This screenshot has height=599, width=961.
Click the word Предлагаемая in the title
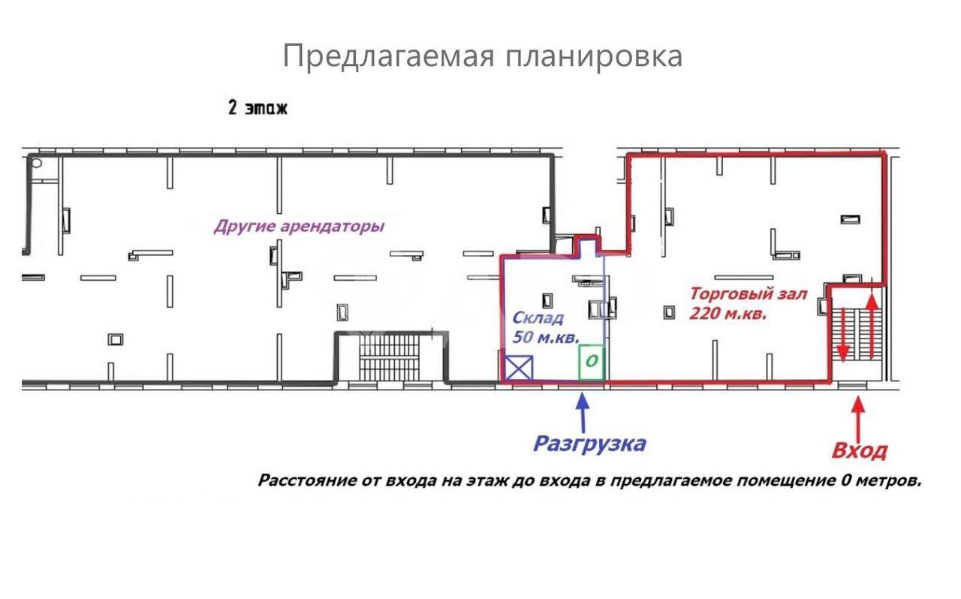[389, 56]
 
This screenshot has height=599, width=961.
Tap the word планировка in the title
[594, 56]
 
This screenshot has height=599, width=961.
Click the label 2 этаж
[258, 107]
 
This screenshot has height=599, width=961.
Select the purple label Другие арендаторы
[300, 227]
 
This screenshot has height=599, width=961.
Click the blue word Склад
[538, 318]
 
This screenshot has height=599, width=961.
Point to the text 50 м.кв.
[546, 337]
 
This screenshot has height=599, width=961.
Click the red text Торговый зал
[749, 294]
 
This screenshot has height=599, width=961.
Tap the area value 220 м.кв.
[728, 314]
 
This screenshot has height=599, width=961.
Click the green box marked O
[592, 362]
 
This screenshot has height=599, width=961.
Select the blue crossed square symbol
[519, 368]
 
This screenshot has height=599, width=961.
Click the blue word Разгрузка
[589, 444]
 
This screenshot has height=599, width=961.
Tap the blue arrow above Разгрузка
[582, 412]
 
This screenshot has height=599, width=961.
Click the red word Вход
[860, 451]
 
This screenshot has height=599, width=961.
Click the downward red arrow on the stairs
[843, 334]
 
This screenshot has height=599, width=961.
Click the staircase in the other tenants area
[390, 357]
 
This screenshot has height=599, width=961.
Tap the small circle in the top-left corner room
[37, 163]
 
